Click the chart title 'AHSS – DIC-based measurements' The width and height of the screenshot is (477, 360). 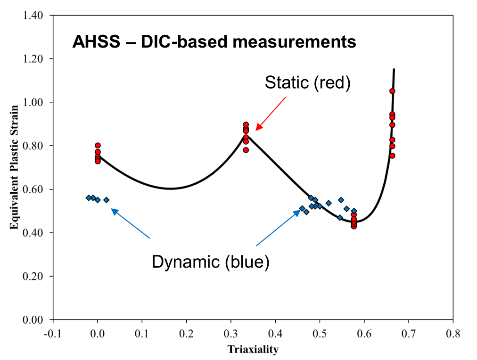pos(214,42)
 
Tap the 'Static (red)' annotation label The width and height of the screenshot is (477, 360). pos(308,83)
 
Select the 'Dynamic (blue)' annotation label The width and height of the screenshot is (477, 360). pos(210,262)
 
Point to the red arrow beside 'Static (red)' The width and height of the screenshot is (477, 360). pos(271,113)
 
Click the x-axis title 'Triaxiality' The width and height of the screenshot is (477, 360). pos(253,350)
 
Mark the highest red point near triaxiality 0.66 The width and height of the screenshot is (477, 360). pos(392,91)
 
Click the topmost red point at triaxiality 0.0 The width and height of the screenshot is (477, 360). pos(98,146)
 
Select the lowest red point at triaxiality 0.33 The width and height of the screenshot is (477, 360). pos(246,150)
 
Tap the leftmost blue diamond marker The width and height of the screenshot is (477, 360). pos(89,198)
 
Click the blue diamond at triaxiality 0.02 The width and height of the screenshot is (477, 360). pos(107,200)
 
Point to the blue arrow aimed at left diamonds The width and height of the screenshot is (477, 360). pos(130,223)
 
